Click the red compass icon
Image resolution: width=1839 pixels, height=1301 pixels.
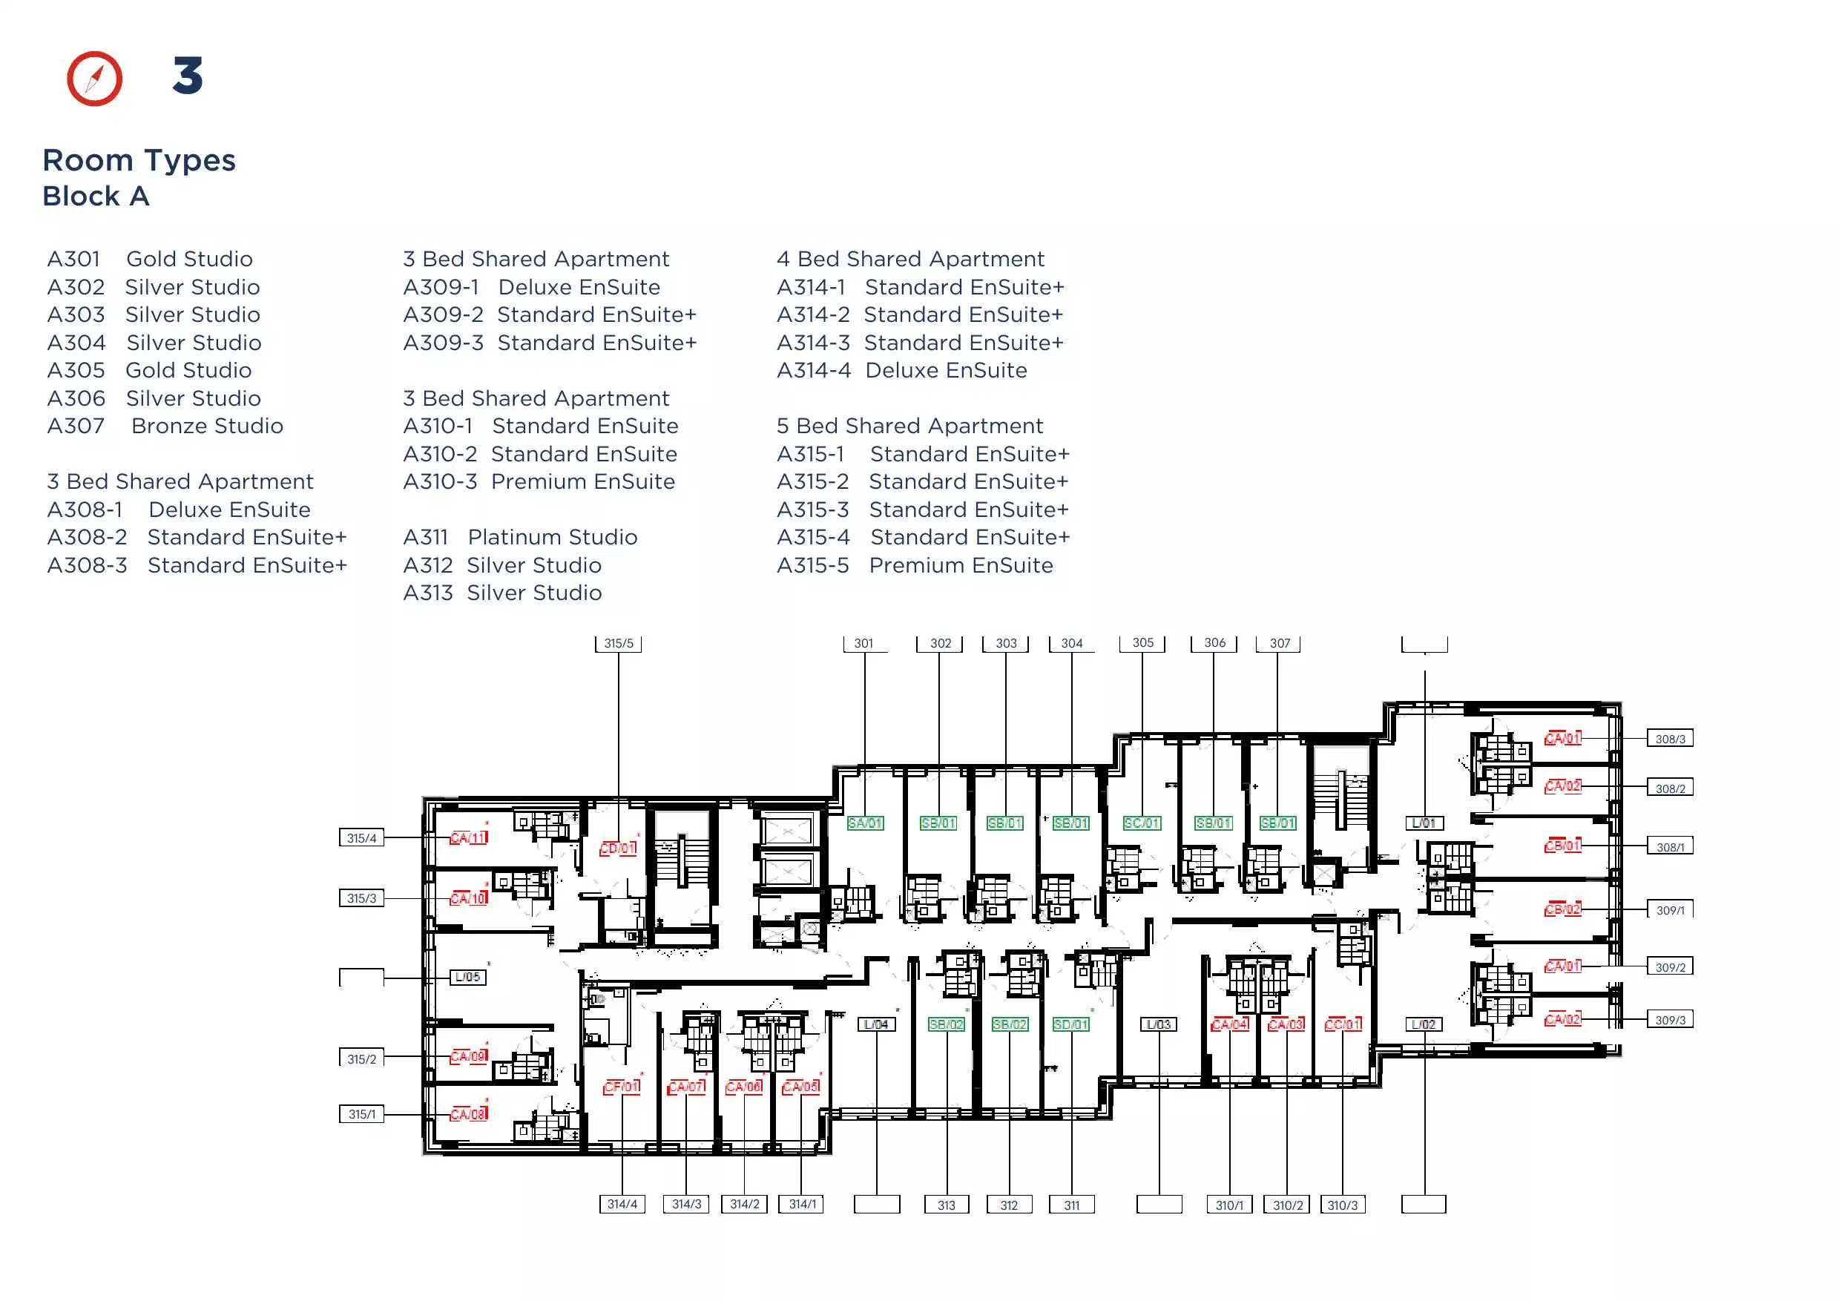[x=94, y=79]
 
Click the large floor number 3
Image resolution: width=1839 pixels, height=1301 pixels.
[x=188, y=76]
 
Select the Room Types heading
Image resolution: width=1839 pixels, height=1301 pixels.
[x=139, y=160]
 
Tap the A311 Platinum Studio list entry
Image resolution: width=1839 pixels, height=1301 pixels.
[x=520, y=537]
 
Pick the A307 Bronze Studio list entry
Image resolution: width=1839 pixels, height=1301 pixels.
[x=165, y=426]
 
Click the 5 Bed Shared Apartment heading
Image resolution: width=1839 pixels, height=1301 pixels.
[x=909, y=426]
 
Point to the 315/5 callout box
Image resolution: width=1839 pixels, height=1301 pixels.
[x=619, y=643]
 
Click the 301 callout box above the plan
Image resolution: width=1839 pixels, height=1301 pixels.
[x=863, y=643]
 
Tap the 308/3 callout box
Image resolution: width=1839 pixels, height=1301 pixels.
[x=1670, y=739]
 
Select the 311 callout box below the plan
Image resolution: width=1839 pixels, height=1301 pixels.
[x=1071, y=1205]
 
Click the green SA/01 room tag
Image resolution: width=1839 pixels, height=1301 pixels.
[x=866, y=823]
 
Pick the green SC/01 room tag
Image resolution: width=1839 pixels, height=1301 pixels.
[x=1142, y=823]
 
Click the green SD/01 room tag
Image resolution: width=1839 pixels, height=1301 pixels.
[x=1071, y=1024]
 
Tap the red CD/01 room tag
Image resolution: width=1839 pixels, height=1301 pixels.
[x=619, y=848]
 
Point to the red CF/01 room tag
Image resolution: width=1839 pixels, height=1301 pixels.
[x=622, y=1087]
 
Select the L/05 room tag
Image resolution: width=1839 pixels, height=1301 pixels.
[x=468, y=977]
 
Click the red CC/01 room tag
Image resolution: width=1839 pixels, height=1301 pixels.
[x=1343, y=1024]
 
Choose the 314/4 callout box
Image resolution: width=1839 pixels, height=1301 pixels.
[x=622, y=1204]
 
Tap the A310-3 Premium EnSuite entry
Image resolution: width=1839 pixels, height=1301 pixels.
[x=539, y=481]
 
